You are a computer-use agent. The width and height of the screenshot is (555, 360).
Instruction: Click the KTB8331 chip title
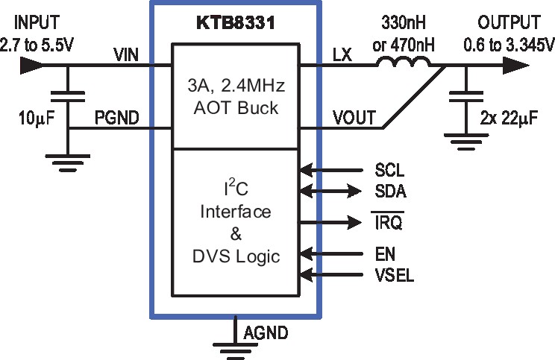coord(236,23)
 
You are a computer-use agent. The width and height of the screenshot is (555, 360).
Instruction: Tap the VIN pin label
coord(126,55)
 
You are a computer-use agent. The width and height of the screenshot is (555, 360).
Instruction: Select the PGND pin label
coord(117,118)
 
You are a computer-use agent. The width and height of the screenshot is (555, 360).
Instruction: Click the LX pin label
coord(342,55)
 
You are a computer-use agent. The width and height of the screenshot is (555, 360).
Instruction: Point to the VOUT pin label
coord(354,118)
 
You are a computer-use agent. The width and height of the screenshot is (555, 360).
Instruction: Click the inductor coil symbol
coord(404,63)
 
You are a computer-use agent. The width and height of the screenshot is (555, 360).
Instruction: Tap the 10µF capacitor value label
coord(37,118)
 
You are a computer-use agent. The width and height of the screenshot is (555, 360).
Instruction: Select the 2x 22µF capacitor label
coord(509,118)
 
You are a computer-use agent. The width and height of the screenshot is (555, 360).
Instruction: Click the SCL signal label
coord(389,170)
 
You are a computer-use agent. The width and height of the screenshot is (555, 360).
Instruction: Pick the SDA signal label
coord(390,192)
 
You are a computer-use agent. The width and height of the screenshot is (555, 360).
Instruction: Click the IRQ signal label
coord(389,222)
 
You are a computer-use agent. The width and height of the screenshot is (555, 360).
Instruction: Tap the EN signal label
coord(385,254)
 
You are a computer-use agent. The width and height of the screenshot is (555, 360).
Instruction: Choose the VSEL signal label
coord(395,275)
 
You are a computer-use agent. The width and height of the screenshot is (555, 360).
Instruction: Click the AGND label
coord(266,332)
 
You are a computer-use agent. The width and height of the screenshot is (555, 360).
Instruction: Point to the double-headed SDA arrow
coord(330,192)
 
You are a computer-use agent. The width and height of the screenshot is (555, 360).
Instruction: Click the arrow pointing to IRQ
coord(330,222)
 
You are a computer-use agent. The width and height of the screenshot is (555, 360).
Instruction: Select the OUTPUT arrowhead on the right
coord(516,66)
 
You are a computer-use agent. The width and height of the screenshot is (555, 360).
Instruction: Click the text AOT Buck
coord(236,107)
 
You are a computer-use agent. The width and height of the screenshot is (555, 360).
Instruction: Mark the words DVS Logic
coord(236,256)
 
